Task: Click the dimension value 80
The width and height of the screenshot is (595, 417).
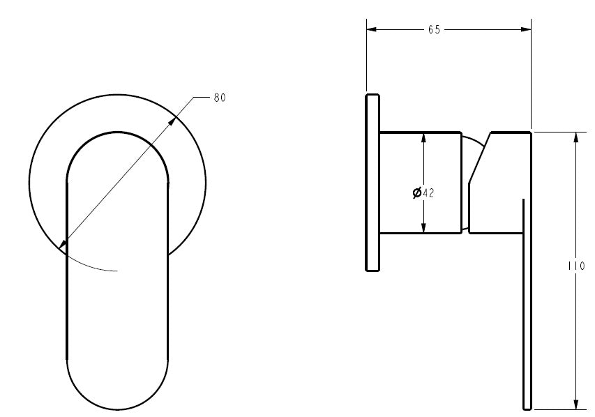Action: (x=219, y=98)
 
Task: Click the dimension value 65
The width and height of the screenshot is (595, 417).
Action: (x=434, y=29)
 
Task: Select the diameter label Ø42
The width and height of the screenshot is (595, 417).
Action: (x=423, y=193)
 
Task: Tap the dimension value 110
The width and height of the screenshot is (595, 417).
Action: (x=576, y=266)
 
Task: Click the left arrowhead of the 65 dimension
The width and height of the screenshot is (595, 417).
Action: (x=371, y=29)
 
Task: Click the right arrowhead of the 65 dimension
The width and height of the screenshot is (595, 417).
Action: (x=527, y=29)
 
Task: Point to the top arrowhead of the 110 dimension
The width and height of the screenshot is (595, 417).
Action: (x=575, y=137)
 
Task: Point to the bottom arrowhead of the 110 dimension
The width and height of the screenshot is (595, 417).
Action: (x=575, y=404)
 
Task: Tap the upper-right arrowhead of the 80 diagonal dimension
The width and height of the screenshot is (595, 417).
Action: (x=174, y=121)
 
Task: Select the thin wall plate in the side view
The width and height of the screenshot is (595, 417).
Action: (x=372, y=181)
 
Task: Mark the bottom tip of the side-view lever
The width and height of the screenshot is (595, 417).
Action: (x=527, y=408)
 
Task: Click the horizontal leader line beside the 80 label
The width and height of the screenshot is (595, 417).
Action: (x=202, y=98)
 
